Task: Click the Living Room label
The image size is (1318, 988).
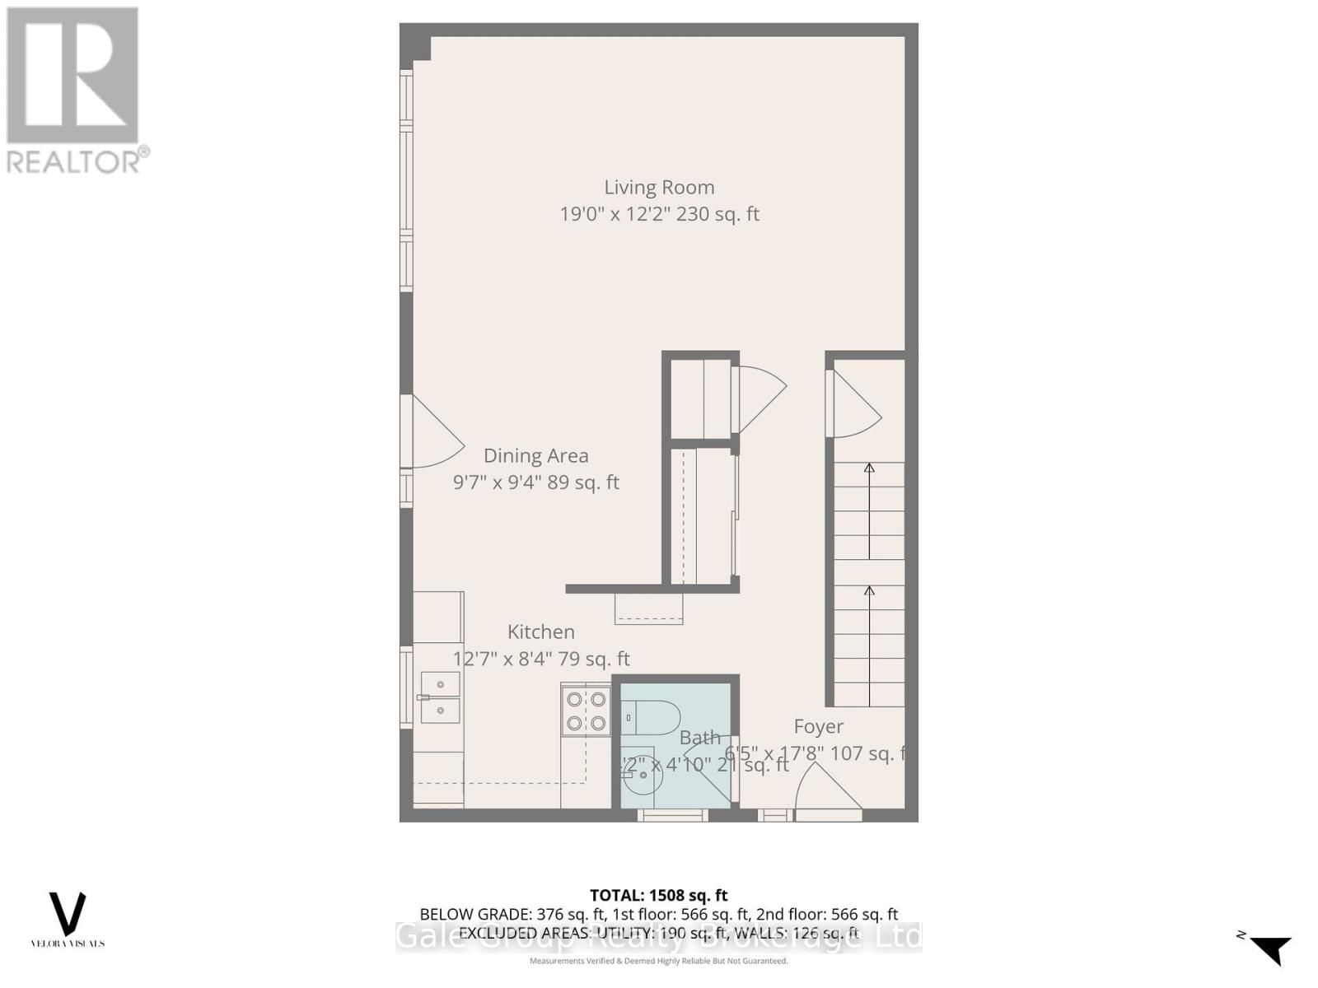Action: coord(659,188)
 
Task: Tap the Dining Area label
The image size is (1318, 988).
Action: coord(535,456)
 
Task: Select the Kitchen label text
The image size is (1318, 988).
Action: coord(540,632)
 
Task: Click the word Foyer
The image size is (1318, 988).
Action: coord(818,726)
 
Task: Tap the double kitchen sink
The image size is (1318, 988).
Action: coord(440,697)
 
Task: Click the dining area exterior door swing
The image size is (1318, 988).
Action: coord(435,433)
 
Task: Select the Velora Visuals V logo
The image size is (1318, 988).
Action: coord(68,913)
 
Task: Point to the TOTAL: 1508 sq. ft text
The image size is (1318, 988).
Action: coord(658,895)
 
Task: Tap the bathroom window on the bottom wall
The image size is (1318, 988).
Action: coord(673,815)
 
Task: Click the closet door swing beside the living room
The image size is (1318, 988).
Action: coord(759,398)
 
